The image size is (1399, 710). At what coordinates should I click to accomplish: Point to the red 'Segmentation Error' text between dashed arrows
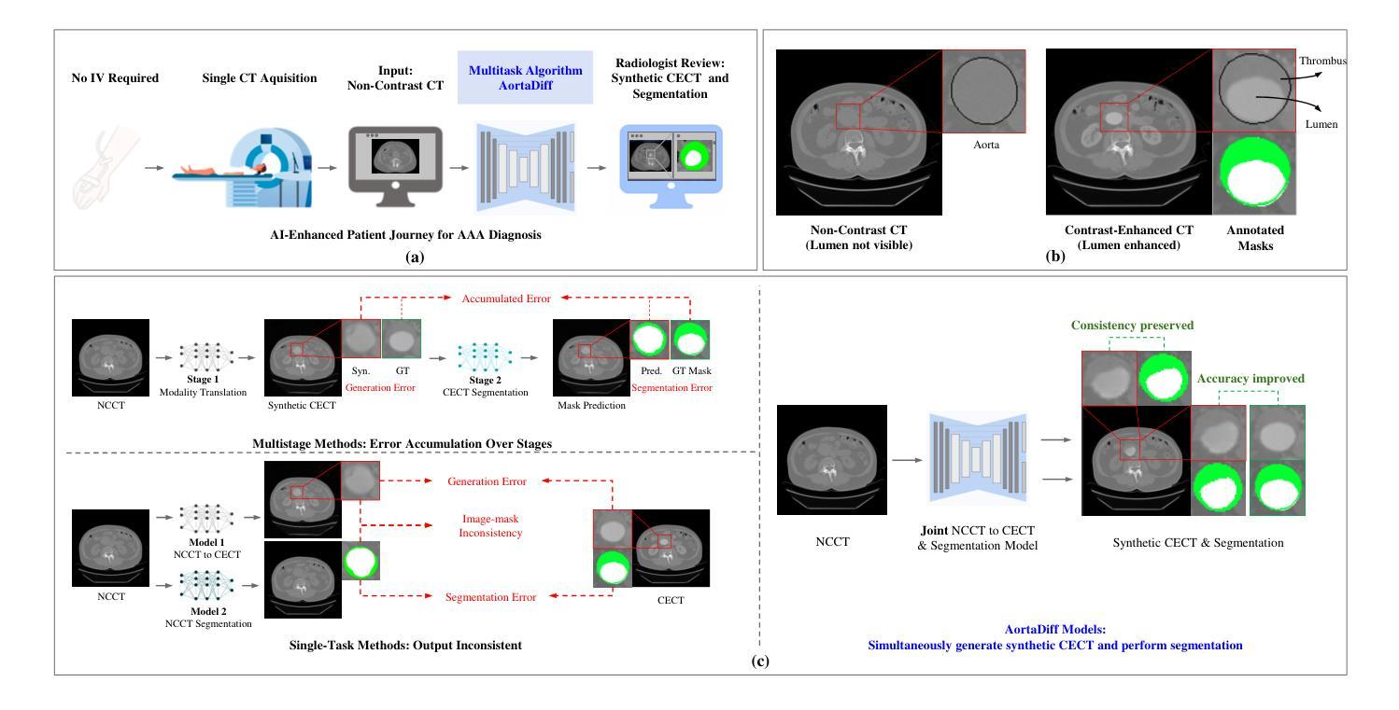491,595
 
